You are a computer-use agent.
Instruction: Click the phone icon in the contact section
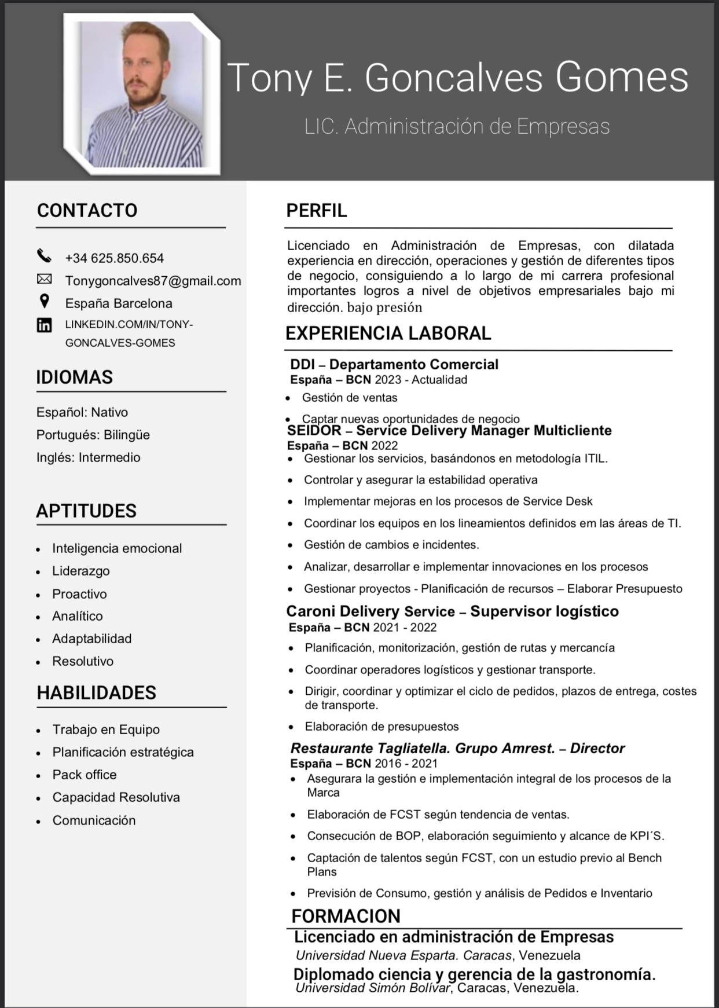click(44, 256)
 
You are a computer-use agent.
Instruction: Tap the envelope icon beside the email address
click(44, 280)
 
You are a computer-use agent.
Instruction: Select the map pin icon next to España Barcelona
click(44, 302)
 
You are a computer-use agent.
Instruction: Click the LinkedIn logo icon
click(44, 325)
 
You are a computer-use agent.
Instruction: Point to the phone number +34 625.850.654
click(114, 258)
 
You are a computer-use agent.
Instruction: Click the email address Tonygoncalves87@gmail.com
click(153, 281)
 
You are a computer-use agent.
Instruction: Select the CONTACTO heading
click(87, 210)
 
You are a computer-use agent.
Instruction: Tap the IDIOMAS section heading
click(74, 377)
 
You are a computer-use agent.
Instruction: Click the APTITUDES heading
click(86, 511)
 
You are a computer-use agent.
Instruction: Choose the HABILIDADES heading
click(96, 692)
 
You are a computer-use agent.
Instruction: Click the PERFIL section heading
click(316, 210)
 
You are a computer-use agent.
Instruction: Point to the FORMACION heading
click(346, 916)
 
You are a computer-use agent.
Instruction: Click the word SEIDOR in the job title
click(314, 431)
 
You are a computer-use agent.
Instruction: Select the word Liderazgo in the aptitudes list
click(80, 571)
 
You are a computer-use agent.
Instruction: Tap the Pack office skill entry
click(84, 775)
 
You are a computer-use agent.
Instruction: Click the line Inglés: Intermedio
click(88, 457)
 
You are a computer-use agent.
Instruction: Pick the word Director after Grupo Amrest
click(597, 748)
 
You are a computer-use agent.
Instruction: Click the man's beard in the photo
click(145, 96)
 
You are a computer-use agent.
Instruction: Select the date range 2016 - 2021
click(406, 763)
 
